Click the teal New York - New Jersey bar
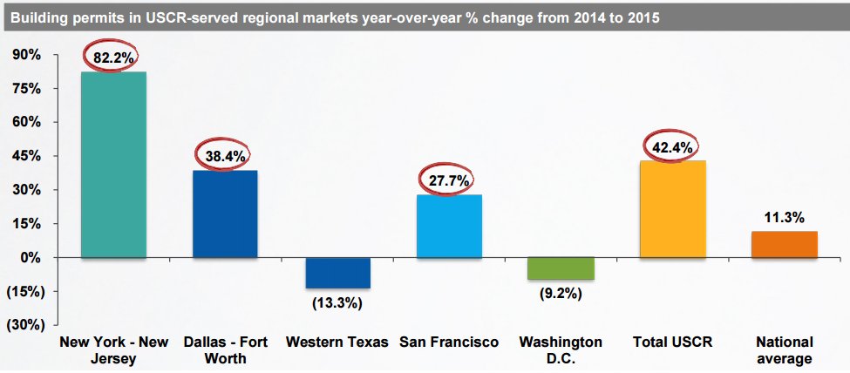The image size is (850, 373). [113, 165]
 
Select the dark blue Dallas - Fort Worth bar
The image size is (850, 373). [225, 214]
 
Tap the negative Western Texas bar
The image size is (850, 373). [337, 273]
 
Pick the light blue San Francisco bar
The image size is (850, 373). [449, 226]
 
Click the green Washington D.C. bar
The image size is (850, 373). [561, 268]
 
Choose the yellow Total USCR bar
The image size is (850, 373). [672, 209]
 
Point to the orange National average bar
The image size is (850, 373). [784, 244]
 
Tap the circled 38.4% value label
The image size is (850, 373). [225, 157]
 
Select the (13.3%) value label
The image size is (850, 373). [337, 303]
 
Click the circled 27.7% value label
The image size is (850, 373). [449, 181]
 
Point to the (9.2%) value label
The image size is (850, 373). [561, 294]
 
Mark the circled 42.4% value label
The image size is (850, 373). [672, 147]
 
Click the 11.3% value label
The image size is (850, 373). [784, 217]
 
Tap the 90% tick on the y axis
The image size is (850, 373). [25, 55]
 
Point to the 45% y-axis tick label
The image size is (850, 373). [25, 156]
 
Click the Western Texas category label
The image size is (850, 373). [337, 342]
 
